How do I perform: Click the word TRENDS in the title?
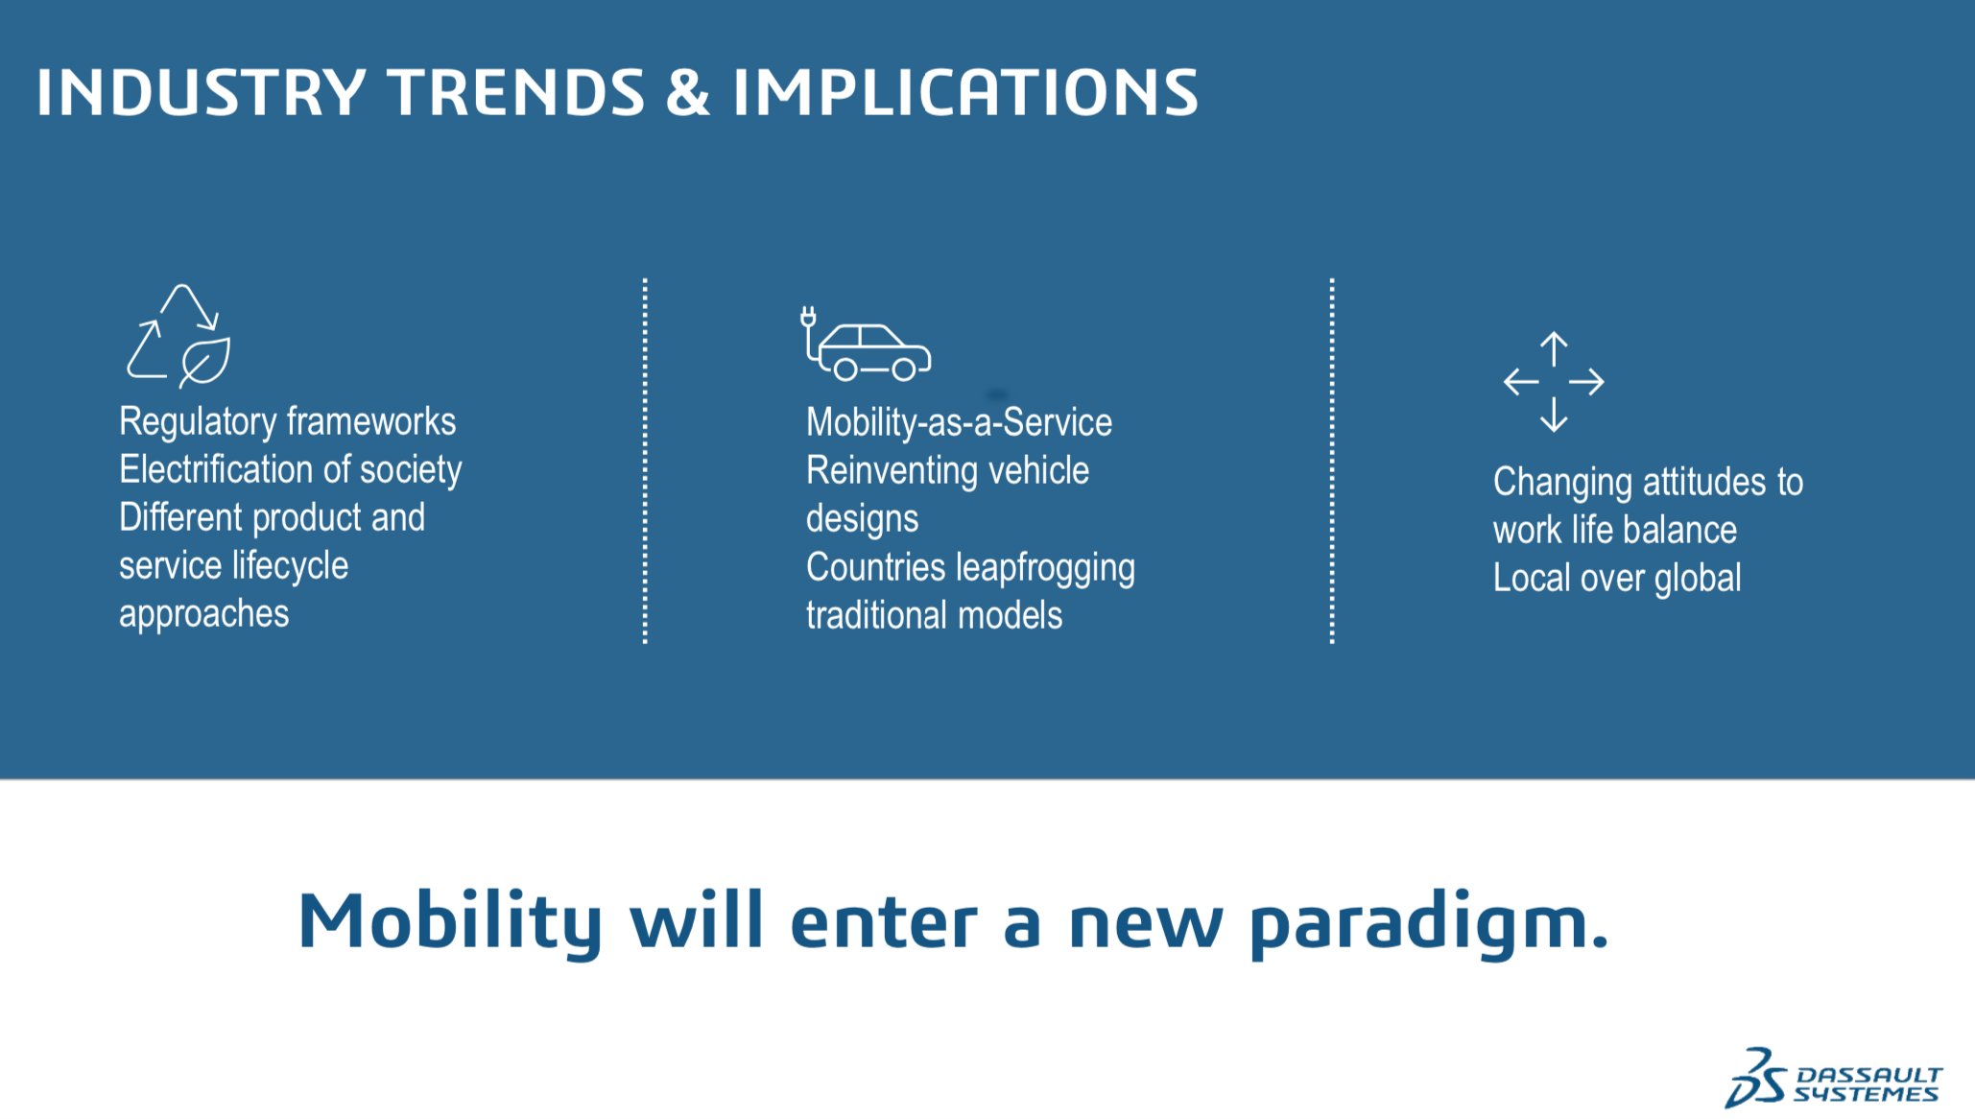tap(516, 93)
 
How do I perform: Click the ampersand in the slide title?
tap(688, 93)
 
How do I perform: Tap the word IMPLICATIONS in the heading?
tap(965, 93)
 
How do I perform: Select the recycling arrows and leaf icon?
tap(178, 336)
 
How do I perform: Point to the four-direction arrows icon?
tap(1554, 382)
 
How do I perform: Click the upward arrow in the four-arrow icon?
tap(1554, 348)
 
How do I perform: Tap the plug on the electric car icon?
tap(808, 318)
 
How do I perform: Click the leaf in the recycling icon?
tap(204, 363)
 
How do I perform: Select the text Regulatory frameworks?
tap(288, 421)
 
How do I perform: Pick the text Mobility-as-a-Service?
tap(959, 422)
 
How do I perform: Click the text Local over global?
tap(1617, 579)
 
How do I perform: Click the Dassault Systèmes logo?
tap(1833, 1079)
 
